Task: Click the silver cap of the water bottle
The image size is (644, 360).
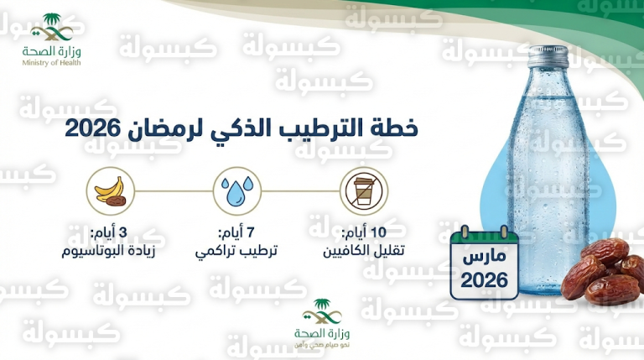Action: click(547, 56)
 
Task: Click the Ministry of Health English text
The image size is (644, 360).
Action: click(53, 64)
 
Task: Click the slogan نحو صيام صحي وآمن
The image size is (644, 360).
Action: click(322, 344)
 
